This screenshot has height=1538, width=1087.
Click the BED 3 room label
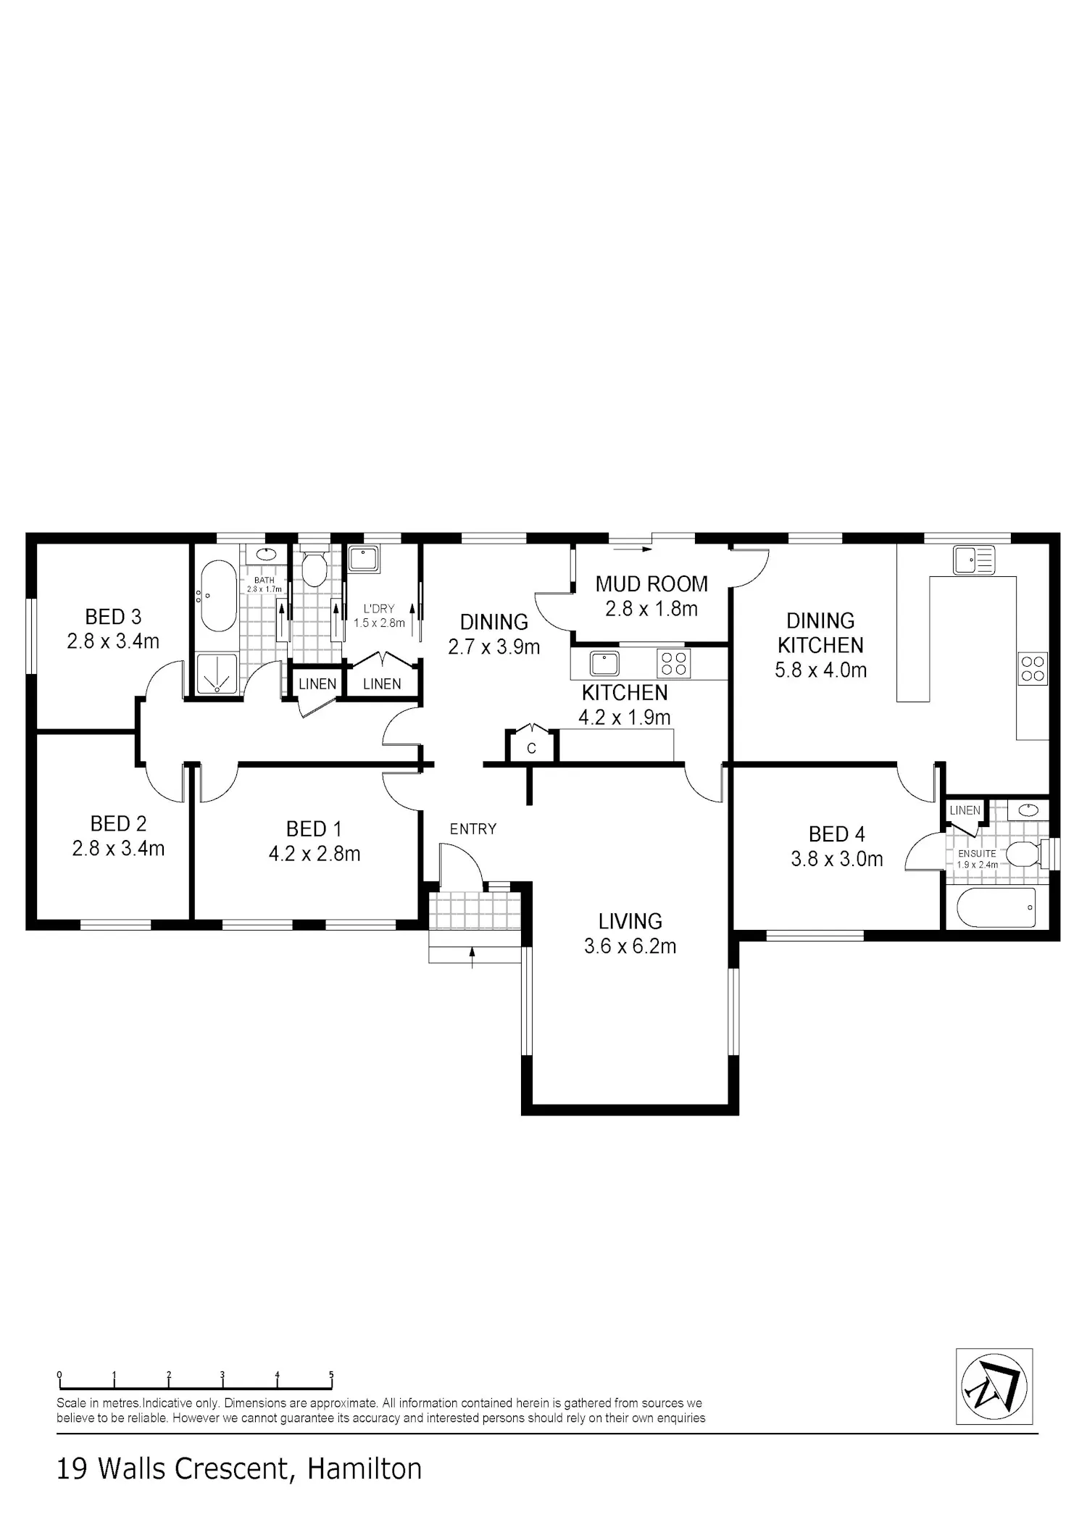tap(113, 617)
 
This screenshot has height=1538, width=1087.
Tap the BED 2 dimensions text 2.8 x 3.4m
tap(118, 848)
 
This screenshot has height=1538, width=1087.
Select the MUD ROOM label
tap(651, 583)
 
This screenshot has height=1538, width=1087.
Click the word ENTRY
tap(473, 828)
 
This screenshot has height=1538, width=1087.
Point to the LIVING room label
tap(630, 921)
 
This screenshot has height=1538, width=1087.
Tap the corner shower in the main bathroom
tap(217, 675)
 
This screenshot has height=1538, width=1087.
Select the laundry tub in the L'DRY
tap(362, 560)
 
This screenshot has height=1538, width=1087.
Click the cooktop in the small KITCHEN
tap(673, 663)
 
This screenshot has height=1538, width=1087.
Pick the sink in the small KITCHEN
tap(604, 663)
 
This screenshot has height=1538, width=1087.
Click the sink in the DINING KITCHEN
tap(975, 560)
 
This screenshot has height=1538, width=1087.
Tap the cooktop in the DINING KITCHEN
tap(1033, 669)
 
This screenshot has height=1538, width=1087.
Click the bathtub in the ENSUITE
tap(996, 907)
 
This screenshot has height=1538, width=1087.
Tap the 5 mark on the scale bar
tap(331, 1374)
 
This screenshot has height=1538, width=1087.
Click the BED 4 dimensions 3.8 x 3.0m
tap(837, 859)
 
